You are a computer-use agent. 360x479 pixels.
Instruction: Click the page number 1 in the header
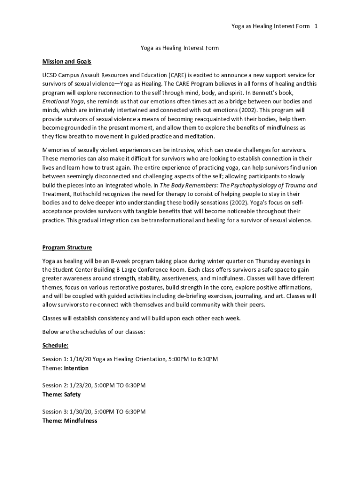tap(317, 26)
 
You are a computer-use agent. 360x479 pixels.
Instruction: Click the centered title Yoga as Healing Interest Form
tap(180, 48)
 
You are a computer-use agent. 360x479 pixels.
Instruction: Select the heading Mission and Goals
tap(67, 61)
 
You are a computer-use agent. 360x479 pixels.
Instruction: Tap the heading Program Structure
tap(67, 247)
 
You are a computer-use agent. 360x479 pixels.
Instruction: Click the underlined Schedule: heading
tap(55, 345)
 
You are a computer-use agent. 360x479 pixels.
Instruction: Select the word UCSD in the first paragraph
tap(50, 75)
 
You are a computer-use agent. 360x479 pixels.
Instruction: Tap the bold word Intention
tap(76, 368)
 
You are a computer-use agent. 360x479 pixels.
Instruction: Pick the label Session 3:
tap(55, 412)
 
